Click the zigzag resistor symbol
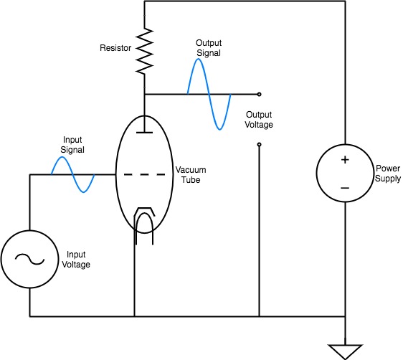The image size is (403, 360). (144, 52)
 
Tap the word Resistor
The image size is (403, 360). (115, 48)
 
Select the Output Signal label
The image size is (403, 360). (209, 48)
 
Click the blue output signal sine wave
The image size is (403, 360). (209, 95)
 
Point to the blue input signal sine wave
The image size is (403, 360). (73, 174)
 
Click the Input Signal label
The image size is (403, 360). (72, 145)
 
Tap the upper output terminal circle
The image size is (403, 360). (259, 95)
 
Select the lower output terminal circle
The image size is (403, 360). (259, 145)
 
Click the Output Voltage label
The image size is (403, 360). (259, 120)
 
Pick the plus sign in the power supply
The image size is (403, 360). (345, 160)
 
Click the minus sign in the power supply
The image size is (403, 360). (345, 188)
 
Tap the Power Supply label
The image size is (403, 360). (387, 174)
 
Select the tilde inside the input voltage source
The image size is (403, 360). (30, 260)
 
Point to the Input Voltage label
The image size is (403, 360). (76, 260)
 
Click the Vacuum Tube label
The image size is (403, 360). (191, 175)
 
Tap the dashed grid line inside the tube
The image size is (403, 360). (144, 175)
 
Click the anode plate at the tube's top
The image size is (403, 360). (144, 133)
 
